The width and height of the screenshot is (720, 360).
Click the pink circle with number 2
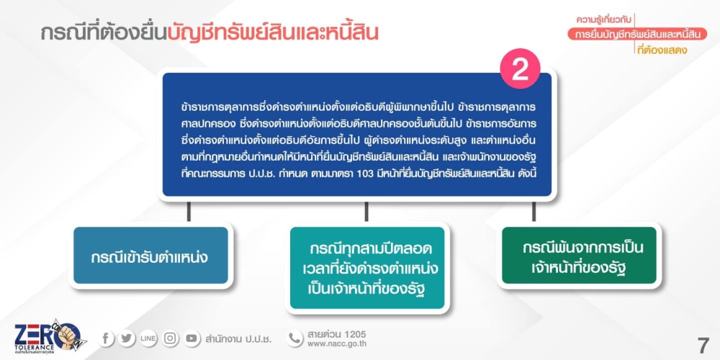(x=520, y=69)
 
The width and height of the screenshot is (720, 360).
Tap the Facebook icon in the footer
(x=106, y=339)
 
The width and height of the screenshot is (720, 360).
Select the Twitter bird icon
(x=126, y=339)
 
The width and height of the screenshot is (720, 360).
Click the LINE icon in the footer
(x=148, y=339)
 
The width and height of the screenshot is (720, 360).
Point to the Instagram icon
(x=171, y=339)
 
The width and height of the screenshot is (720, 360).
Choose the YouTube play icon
(x=192, y=339)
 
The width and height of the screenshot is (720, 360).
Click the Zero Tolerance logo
(x=48, y=336)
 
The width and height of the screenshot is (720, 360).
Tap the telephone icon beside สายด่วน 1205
(x=294, y=339)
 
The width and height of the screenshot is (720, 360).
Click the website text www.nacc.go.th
(x=336, y=344)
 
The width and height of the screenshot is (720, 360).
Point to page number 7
(x=703, y=345)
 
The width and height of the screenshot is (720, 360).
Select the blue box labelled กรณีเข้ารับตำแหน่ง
(x=150, y=256)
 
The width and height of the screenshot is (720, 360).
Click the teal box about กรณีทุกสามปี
(x=367, y=268)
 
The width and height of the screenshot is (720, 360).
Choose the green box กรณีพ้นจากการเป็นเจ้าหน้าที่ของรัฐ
(x=579, y=256)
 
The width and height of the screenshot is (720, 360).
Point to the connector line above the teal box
(x=366, y=212)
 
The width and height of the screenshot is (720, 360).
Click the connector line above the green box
(x=534, y=212)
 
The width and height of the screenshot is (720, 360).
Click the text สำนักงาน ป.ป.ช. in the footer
(x=239, y=339)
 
